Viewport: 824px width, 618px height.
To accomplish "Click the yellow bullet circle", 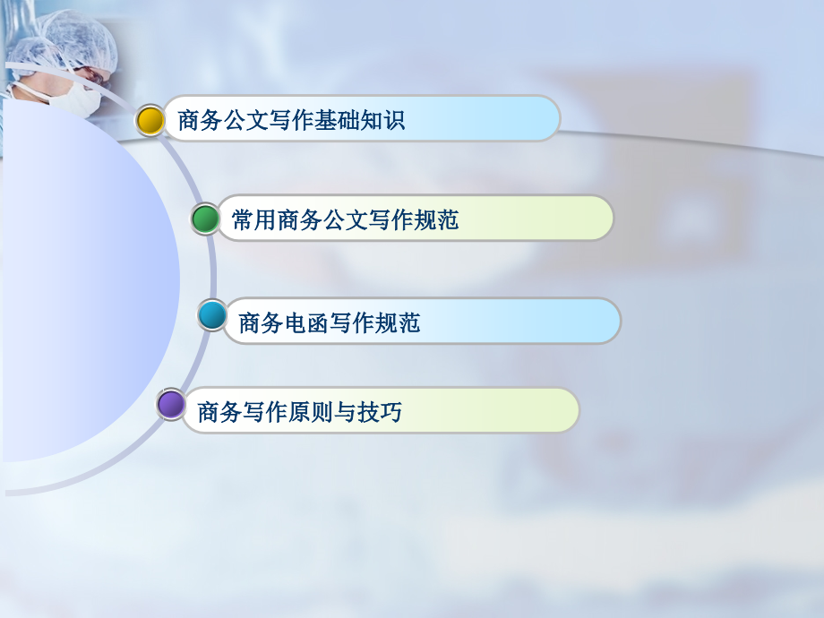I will (150, 119).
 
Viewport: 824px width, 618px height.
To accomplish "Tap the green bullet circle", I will (205, 219).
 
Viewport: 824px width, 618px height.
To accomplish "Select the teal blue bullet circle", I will (212, 315).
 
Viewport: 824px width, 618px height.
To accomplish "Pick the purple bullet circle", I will (170, 404).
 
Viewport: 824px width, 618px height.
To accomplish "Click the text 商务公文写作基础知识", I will (291, 120).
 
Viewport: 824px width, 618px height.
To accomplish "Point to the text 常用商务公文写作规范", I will (345, 219).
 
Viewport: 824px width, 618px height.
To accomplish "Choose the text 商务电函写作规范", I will (330, 322).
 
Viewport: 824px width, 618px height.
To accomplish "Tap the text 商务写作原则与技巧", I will (299, 412).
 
